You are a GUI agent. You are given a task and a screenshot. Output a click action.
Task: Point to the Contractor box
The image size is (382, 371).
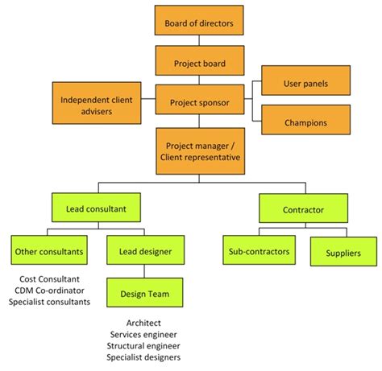coord(303,209)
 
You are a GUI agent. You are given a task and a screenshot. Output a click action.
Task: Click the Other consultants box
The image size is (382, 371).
coord(49,251)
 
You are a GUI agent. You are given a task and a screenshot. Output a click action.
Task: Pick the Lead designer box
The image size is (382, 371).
coord(145,251)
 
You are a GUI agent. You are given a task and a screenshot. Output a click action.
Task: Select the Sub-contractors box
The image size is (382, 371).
coord(257,251)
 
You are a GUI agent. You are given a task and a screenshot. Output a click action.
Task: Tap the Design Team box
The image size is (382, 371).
coord(145,295)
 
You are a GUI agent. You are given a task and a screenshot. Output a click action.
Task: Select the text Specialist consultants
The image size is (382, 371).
coord(49,302)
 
